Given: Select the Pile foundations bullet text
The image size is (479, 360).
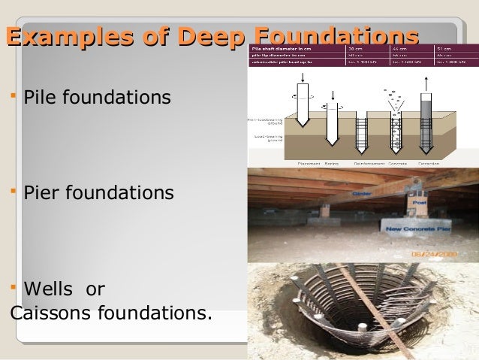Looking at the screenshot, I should point(97,98).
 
